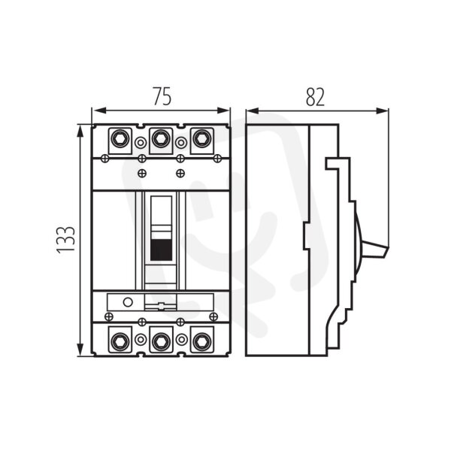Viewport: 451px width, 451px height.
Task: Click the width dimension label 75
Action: click(x=162, y=96)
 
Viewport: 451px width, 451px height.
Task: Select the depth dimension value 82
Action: click(x=315, y=96)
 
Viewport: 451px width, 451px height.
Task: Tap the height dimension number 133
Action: click(x=66, y=241)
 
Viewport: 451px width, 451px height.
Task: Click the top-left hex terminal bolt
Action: click(x=120, y=139)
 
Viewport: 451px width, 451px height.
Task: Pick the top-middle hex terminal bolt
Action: click(x=161, y=139)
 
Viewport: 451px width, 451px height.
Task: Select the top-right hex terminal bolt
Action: click(x=201, y=139)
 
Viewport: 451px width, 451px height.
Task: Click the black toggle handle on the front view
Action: click(x=162, y=250)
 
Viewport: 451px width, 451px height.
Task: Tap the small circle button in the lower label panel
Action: click(x=128, y=302)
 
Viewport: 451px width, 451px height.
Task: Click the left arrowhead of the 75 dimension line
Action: click(x=97, y=110)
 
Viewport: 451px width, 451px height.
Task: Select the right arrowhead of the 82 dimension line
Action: click(x=383, y=110)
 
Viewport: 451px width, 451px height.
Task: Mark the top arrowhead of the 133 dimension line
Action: click(x=81, y=131)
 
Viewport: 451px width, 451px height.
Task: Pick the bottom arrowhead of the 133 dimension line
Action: click(x=81, y=350)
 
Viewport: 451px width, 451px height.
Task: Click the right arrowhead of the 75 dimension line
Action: click(x=224, y=110)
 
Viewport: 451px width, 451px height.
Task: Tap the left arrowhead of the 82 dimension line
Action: click(x=253, y=110)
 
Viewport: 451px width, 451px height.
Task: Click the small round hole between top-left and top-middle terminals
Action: click(x=141, y=143)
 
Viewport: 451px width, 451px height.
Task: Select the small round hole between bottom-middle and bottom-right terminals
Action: click(x=181, y=340)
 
